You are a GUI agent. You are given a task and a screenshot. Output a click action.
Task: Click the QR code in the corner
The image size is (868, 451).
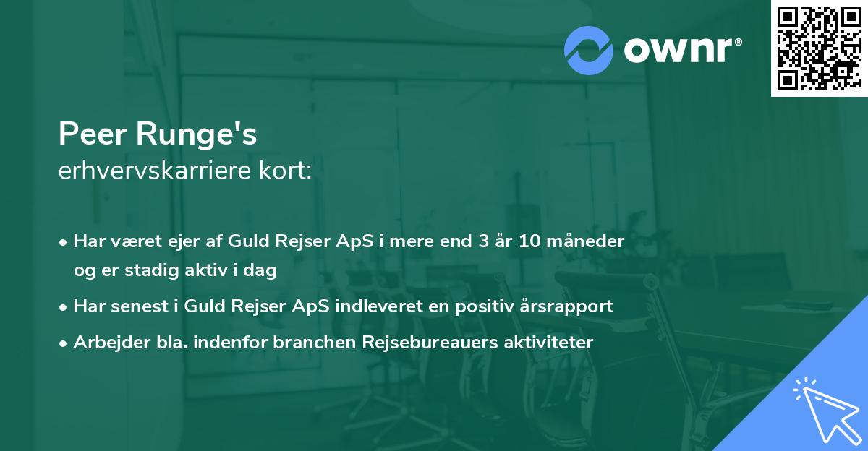point(819,48)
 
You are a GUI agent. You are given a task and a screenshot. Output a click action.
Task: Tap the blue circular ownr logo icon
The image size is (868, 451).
point(588,50)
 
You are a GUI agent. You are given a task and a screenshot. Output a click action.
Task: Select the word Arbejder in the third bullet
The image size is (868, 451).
point(106,342)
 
